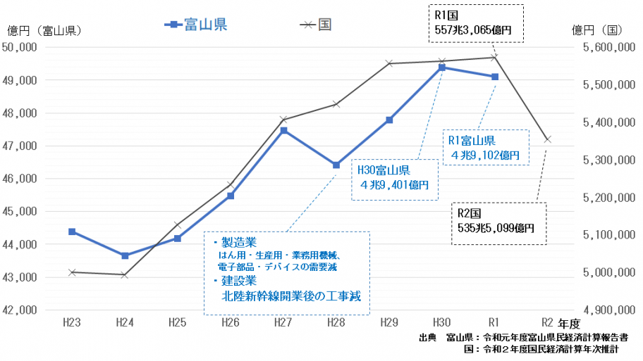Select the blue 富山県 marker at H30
pos(442,68)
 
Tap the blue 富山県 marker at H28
pos(336,165)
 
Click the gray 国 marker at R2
pos(548,139)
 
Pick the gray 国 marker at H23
pos(72,272)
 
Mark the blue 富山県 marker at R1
pos(495,77)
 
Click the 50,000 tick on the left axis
pos(22,47)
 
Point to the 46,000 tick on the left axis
pos(22,179)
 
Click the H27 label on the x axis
pos(283,322)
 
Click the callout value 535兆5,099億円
pos(496,228)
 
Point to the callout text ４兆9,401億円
pos(394,185)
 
